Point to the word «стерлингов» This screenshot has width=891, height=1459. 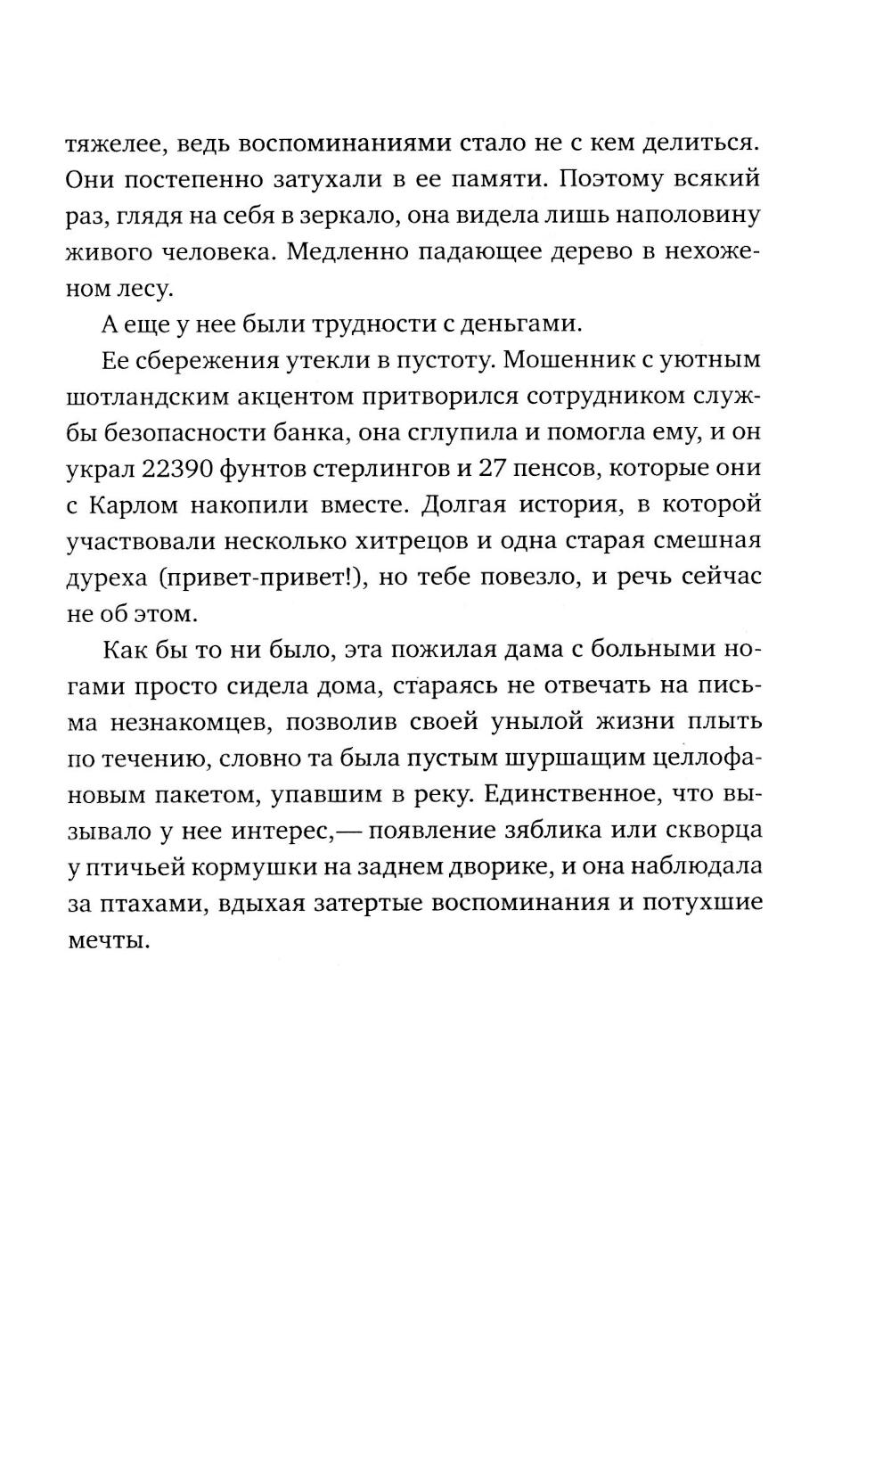coord(395,469)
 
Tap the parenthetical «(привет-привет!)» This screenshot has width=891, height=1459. coord(264,578)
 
